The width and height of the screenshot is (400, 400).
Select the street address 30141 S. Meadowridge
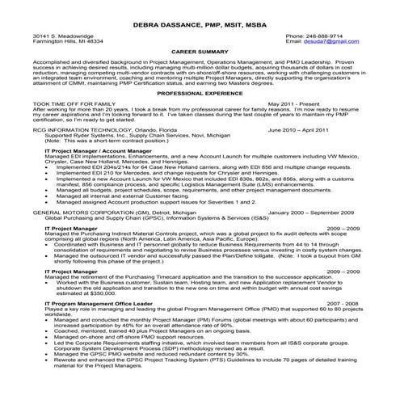(63, 36)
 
